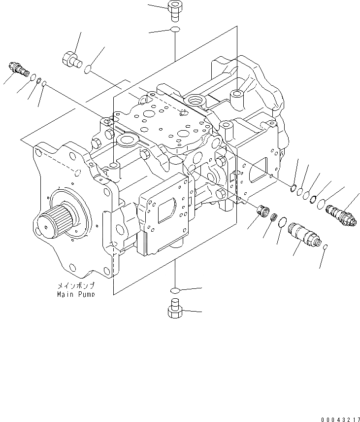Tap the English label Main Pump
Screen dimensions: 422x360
tap(76, 294)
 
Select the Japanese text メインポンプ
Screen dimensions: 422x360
tap(76, 286)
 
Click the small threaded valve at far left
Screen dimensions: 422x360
tap(18, 69)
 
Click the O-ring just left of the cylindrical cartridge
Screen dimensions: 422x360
tap(281, 223)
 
